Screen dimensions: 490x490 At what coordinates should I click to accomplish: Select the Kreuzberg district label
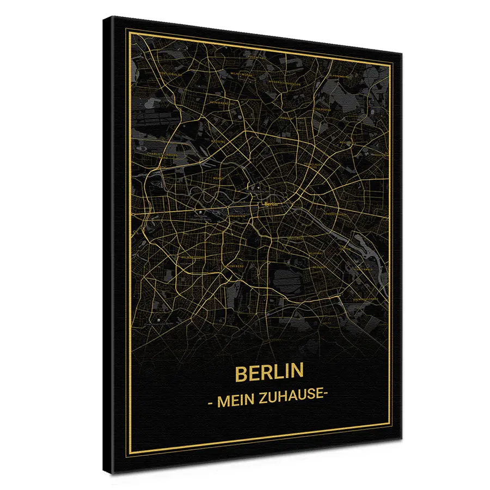295,238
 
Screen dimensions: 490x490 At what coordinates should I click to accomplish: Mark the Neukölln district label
319,267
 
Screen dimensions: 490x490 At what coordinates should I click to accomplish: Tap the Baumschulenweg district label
365,298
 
